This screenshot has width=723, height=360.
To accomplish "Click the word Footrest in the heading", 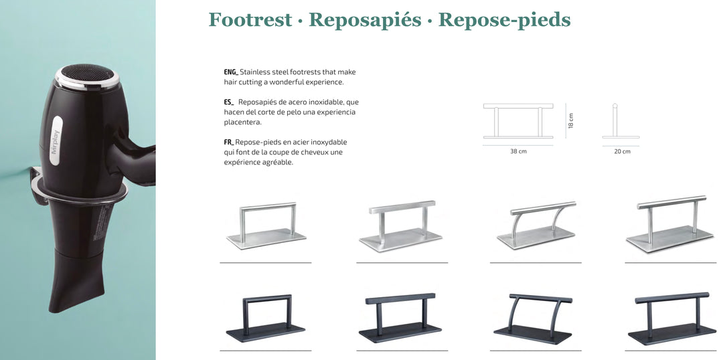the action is pyautogui.click(x=250, y=20).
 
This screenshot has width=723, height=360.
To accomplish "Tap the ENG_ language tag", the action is pyautogui.click(x=231, y=72).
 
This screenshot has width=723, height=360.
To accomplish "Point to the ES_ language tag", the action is pyautogui.click(x=229, y=102).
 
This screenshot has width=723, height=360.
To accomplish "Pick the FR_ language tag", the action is pyautogui.click(x=230, y=143).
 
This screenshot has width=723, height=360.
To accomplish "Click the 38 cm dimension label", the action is pyautogui.click(x=518, y=151).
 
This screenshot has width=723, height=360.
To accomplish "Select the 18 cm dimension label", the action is pyautogui.click(x=571, y=120).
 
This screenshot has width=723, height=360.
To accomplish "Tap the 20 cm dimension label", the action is pyautogui.click(x=622, y=151).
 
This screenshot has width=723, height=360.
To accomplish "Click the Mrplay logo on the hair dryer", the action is pyautogui.click(x=56, y=141).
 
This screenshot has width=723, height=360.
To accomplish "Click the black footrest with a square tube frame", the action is pyautogui.click(x=266, y=319).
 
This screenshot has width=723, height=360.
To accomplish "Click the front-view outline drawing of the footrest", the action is pyautogui.click(x=518, y=120).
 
